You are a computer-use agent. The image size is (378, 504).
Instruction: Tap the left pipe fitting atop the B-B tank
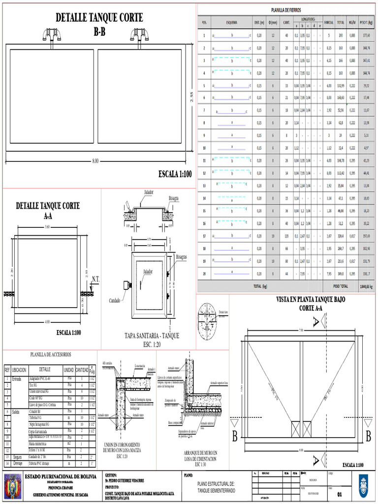[x=51, y=35]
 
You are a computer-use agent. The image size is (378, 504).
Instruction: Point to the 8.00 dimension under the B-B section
[x=95, y=161]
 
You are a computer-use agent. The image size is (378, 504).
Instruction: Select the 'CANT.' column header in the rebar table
[x=286, y=22]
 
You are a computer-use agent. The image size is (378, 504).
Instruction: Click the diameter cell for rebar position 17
[x=273, y=236]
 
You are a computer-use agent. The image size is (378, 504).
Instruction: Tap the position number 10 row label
[x=204, y=148]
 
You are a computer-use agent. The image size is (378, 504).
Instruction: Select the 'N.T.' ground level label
[x=95, y=279]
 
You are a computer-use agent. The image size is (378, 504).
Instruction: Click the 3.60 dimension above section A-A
[x=48, y=227]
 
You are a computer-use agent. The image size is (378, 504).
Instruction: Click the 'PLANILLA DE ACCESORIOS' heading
[x=51, y=354]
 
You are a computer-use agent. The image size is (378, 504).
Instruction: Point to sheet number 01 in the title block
[x=339, y=494]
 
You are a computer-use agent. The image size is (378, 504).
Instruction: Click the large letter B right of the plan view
[x=368, y=436]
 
